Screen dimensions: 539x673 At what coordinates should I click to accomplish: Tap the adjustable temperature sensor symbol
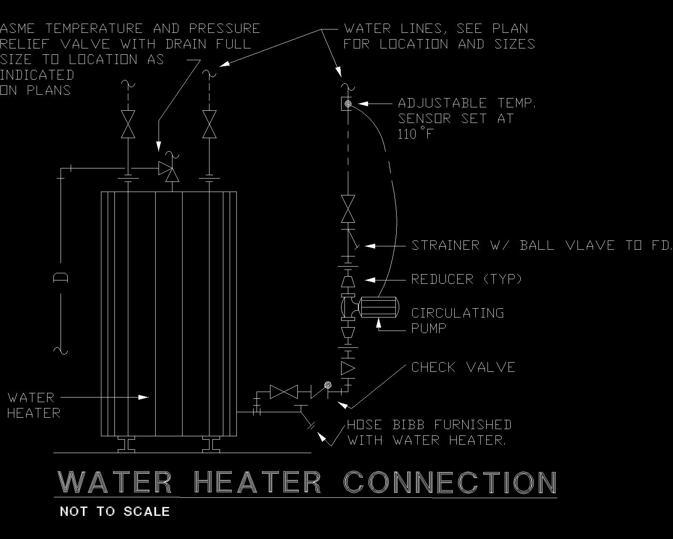(348, 103)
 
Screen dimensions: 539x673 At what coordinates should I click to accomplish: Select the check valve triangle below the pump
(348, 368)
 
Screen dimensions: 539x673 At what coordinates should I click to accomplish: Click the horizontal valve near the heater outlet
(284, 392)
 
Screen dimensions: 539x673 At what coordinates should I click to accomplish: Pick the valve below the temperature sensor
(348, 209)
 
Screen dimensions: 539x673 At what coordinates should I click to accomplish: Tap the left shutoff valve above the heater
(128, 124)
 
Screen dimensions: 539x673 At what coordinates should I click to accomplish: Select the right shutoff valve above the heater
(209, 124)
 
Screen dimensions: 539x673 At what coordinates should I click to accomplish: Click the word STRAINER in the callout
(445, 245)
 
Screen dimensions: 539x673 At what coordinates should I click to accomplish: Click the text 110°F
(415, 134)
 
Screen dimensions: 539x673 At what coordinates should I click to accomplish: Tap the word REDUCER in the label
(442, 279)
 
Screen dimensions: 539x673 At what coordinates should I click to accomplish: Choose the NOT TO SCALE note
(115, 512)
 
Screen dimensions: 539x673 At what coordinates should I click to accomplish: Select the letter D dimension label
(61, 278)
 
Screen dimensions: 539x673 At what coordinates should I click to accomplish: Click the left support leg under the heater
(126, 445)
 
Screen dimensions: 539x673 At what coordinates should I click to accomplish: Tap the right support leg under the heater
(211, 445)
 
